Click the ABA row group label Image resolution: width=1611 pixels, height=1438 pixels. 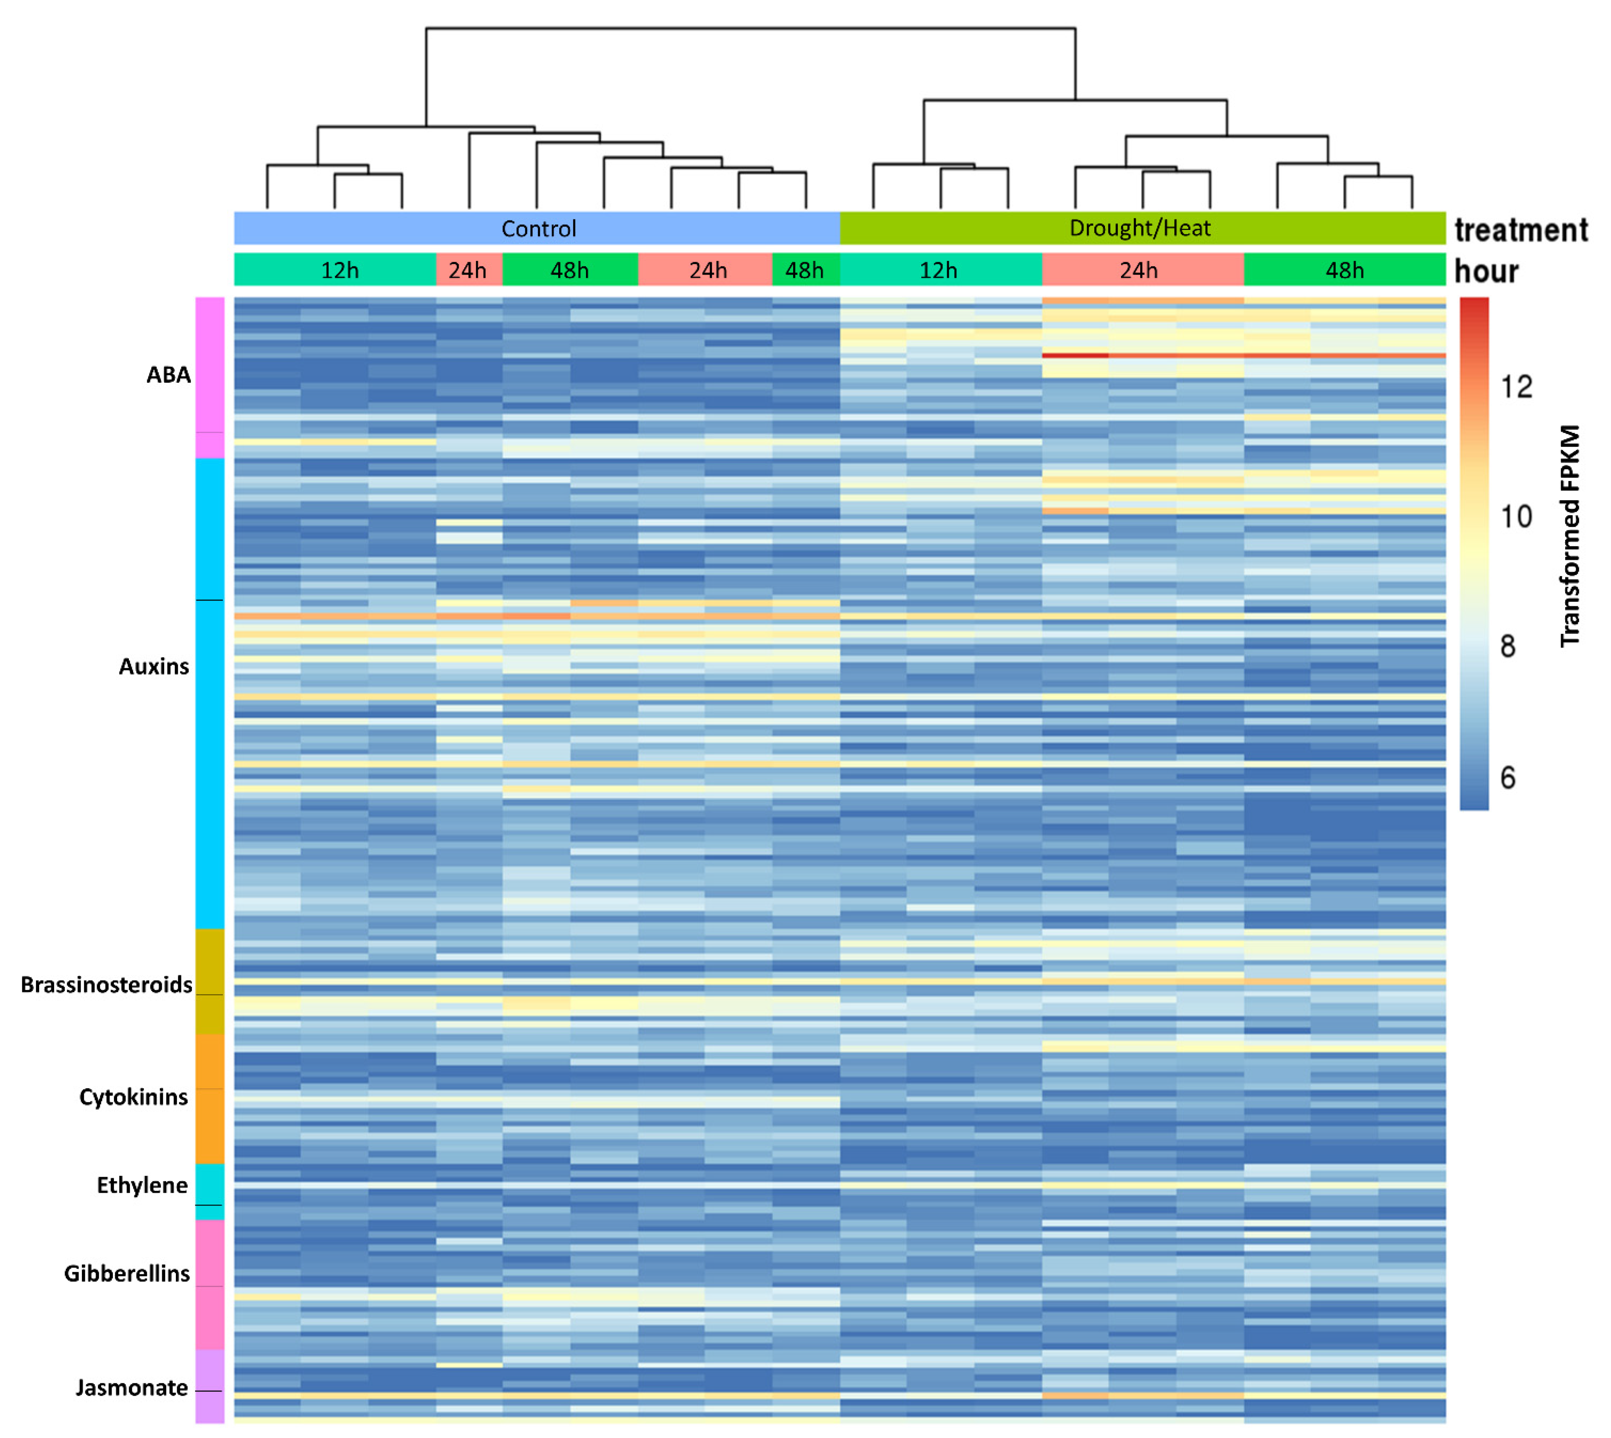click(168, 374)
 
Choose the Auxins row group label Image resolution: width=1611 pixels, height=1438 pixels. click(154, 666)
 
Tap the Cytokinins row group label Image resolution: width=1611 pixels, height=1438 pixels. click(134, 1097)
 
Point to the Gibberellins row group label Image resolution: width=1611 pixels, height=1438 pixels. click(127, 1273)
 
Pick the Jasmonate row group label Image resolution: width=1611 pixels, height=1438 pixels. click(132, 1387)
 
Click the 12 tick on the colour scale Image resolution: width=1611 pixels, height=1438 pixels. click(1516, 386)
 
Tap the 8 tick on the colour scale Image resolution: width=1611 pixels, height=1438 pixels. click(1508, 647)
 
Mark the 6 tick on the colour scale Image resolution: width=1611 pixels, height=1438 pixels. click(1508, 778)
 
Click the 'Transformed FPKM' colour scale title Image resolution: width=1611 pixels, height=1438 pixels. click(1570, 536)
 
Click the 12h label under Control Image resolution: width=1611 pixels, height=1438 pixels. click(340, 270)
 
